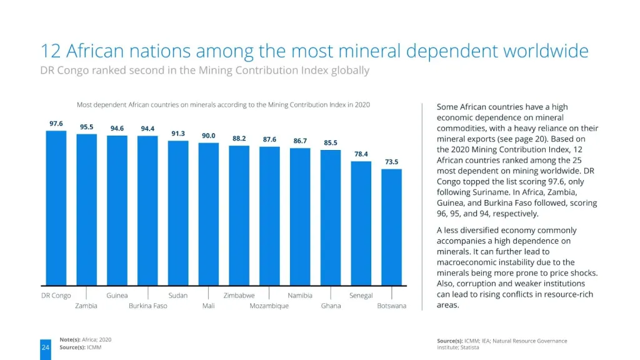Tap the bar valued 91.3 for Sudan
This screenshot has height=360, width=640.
point(178,212)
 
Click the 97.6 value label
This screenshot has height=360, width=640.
point(56,124)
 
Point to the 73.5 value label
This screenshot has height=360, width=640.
point(391,162)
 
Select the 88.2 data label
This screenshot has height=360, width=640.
point(239,139)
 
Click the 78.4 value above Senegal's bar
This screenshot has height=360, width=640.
point(361,154)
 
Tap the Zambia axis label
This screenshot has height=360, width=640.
point(86,306)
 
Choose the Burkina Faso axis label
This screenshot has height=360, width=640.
point(147,306)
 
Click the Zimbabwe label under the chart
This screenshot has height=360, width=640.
point(239,295)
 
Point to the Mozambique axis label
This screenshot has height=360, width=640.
point(269,306)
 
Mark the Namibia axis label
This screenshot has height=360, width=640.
point(300,295)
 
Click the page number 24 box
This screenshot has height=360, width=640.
point(46,347)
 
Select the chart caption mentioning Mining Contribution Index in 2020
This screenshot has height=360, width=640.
point(223,104)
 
